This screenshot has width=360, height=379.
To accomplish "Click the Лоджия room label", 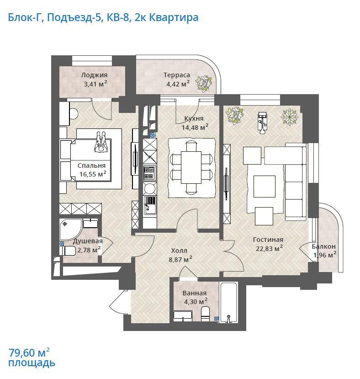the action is tap(94, 75).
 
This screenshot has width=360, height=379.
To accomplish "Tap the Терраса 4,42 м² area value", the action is tap(178, 84).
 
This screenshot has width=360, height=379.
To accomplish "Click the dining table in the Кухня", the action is tap(191, 167).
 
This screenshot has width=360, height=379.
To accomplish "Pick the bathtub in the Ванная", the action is tap(228, 302).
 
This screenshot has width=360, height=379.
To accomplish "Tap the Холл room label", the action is tap(179, 251).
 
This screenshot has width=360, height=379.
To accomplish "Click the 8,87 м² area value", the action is tap(180, 260).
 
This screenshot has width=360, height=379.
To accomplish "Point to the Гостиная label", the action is tap(268, 240).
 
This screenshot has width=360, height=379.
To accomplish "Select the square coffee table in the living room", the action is tap(265, 187).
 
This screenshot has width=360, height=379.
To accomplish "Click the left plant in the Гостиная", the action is tap(235, 116).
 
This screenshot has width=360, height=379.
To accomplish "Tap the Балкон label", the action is tap(323, 246).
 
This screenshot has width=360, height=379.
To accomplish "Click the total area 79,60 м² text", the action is tap(29, 352).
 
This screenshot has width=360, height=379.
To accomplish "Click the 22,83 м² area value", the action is tap(270, 249).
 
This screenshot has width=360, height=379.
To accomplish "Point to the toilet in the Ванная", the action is tap(206, 314).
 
